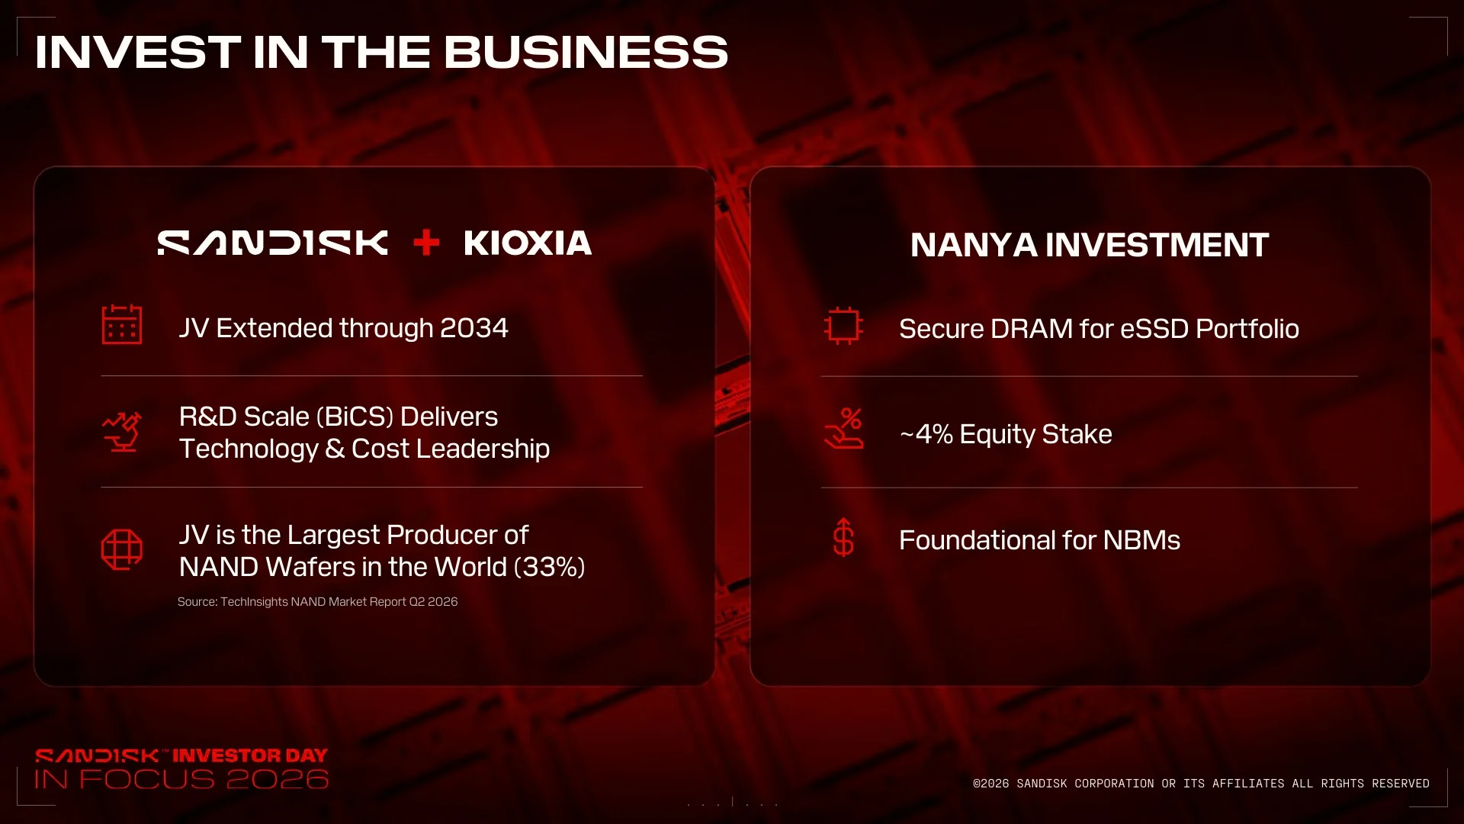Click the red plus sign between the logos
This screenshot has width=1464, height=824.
click(426, 243)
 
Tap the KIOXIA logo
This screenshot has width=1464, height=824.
click(528, 243)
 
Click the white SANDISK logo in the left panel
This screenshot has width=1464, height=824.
click(272, 243)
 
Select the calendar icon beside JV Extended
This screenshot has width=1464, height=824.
click(122, 324)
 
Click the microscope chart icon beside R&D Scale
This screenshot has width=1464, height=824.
click(122, 432)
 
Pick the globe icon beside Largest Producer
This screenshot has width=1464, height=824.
click(122, 549)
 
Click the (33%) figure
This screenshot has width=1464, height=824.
click(550, 567)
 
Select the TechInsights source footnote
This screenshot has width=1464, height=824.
click(317, 602)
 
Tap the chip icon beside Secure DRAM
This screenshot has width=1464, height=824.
click(843, 326)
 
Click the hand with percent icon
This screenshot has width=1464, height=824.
click(843, 428)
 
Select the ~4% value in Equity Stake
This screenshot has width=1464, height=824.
click(926, 434)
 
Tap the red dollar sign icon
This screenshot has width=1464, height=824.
click(843, 537)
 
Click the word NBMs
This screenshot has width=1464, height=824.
click(1141, 540)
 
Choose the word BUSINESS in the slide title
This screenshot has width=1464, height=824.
click(586, 52)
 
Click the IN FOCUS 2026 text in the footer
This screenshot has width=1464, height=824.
click(181, 779)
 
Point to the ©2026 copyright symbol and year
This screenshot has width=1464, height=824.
click(990, 784)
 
